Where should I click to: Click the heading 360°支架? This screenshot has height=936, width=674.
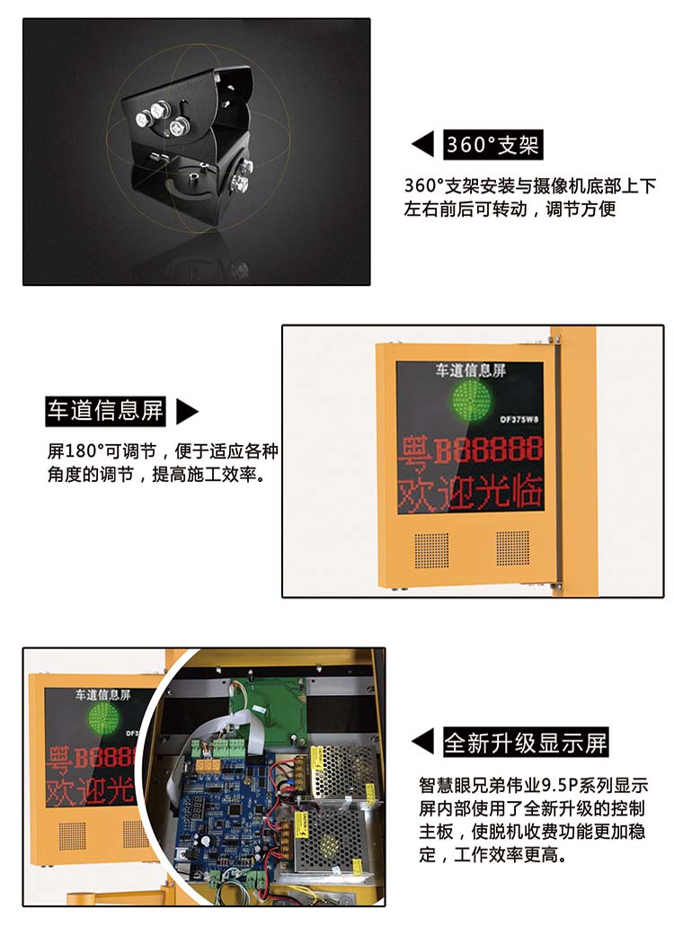coord(492,145)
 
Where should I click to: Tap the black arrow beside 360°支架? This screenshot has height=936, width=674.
coord(423,145)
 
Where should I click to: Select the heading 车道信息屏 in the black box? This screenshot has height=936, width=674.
coord(105,411)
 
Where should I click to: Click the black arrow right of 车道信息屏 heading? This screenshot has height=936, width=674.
coord(186,411)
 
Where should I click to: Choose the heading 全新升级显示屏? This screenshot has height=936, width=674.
coord(526,743)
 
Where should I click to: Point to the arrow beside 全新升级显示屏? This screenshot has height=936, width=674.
coord(423,742)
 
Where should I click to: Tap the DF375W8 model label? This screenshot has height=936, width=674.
coord(519,419)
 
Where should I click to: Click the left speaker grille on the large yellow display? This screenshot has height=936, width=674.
coord(431,550)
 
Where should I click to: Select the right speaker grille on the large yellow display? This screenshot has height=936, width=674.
coord(512,548)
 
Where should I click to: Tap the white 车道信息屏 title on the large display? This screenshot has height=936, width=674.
coord(471,370)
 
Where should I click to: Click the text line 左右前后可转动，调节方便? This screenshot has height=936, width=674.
coord(510,209)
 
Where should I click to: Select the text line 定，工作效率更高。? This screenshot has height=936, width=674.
coord(493,855)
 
